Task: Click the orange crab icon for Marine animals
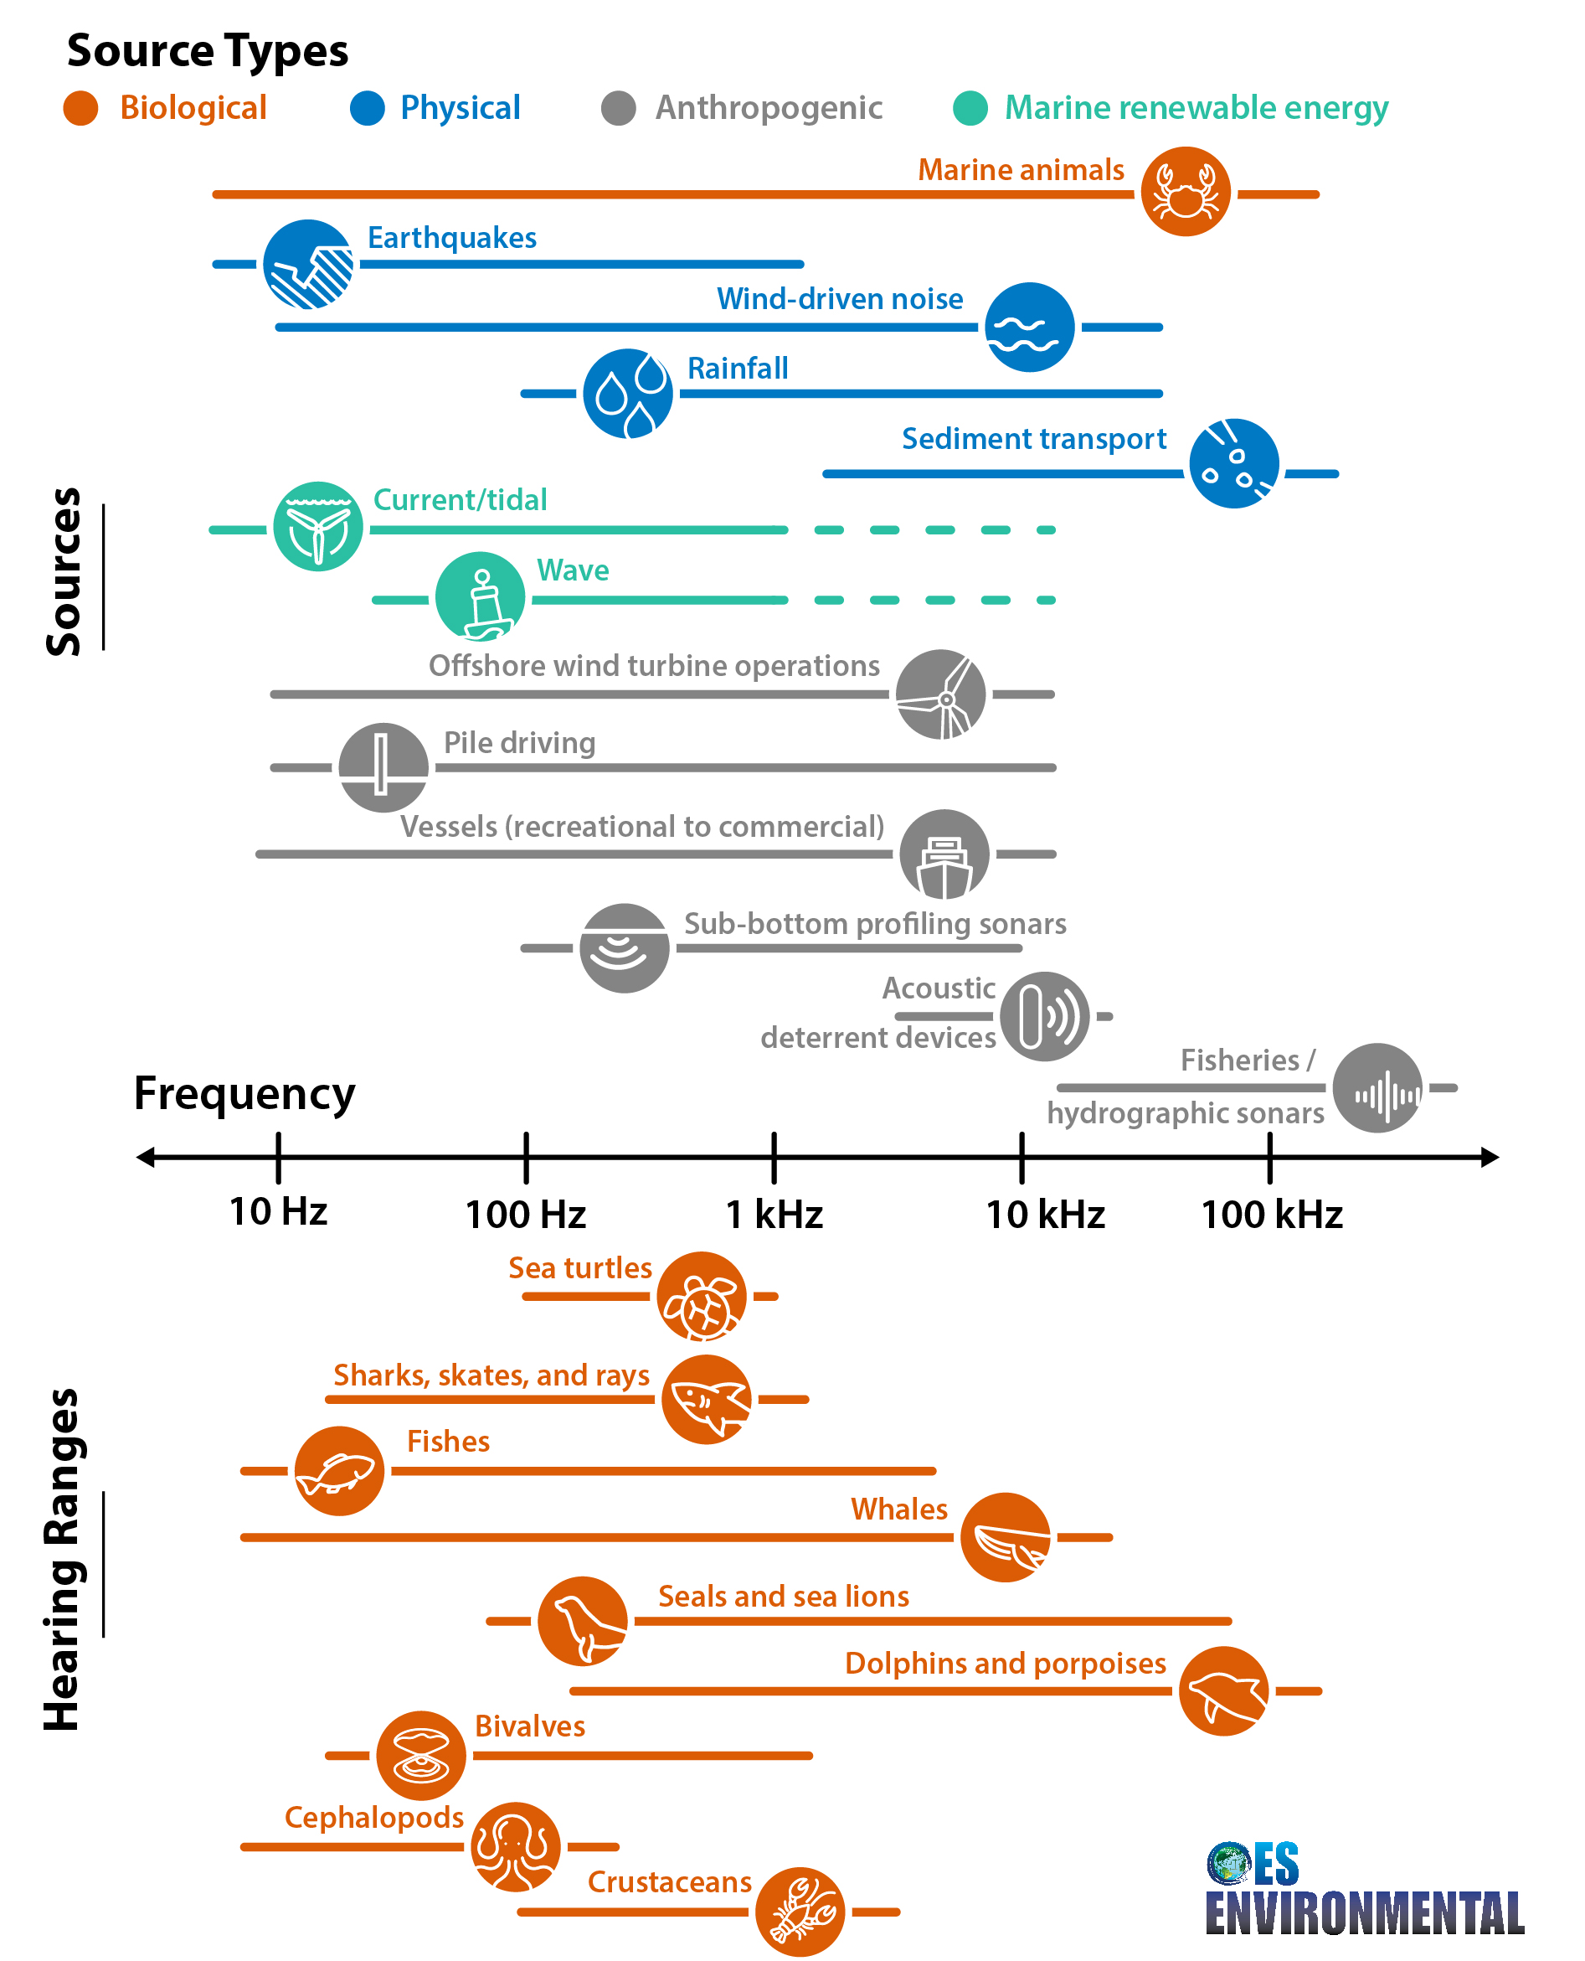[1185, 192]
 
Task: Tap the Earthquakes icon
[307, 264]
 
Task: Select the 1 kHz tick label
[774, 1214]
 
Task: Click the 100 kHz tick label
[1271, 1214]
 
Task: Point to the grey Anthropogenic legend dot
[618, 109]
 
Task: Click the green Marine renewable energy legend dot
[970, 109]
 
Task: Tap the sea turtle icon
[701, 1295]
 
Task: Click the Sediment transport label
[1033, 438]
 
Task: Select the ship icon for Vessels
[944, 853]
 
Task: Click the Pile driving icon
[383, 767]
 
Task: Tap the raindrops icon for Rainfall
[627, 393]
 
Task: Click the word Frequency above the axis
[244, 1092]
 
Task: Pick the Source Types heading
[208, 50]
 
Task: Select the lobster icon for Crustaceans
[799, 1911]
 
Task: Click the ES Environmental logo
[1363, 1889]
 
